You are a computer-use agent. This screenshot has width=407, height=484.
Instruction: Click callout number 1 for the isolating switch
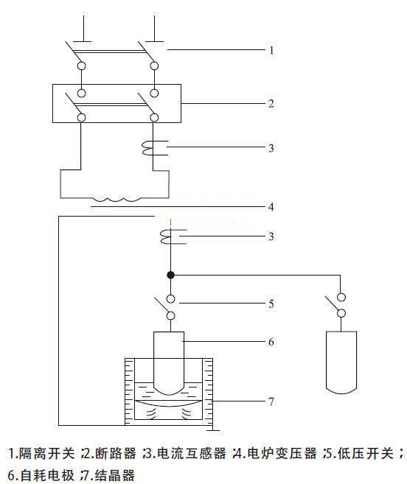click(x=271, y=50)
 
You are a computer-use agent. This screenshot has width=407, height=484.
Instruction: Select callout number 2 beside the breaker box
click(x=271, y=103)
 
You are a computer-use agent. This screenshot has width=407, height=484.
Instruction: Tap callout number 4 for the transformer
click(x=271, y=206)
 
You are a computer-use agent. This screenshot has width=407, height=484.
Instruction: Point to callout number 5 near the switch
click(x=271, y=304)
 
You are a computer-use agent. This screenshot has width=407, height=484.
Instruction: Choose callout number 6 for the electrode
click(x=271, y=341)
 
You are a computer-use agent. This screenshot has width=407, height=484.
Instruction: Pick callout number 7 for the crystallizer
click(x=271, y=401)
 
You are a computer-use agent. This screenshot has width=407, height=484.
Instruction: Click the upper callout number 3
click(x=271, y=148)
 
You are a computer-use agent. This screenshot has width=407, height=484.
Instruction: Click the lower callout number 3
click(x=271, y=236)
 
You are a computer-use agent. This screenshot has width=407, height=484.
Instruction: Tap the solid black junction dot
click(x=170, y=275)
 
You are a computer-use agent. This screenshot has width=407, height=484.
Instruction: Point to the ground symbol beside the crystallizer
click(x=212, y=429)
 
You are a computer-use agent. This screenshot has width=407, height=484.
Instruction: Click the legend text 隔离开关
click(x=47, y=454)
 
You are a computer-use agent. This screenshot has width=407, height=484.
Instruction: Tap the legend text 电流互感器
click(x=191, y=454)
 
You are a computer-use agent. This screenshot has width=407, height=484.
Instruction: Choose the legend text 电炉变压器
click(x=282, y=454)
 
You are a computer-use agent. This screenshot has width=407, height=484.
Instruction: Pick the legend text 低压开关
click(x=366, y=454)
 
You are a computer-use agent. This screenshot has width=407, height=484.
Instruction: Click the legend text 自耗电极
click(x=47, y=475)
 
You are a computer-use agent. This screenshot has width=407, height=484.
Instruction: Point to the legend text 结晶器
click(x=115, y=475)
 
